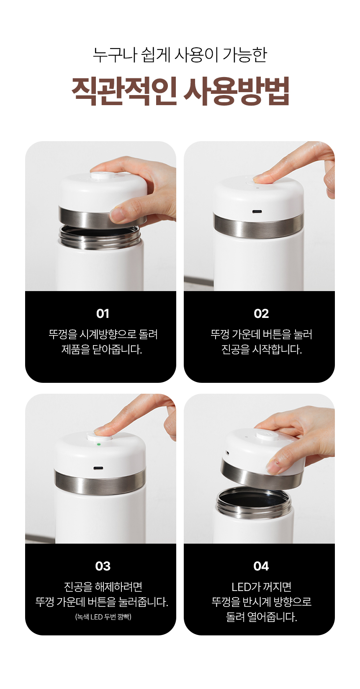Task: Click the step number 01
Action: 103,313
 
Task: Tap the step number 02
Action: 261,313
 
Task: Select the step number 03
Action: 103,566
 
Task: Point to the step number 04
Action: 261,566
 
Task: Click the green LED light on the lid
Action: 98,444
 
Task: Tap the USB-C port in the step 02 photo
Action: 257,212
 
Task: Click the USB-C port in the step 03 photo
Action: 98,468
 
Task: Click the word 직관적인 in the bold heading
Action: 124,91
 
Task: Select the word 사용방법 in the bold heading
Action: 237,91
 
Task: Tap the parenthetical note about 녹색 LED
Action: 103,617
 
